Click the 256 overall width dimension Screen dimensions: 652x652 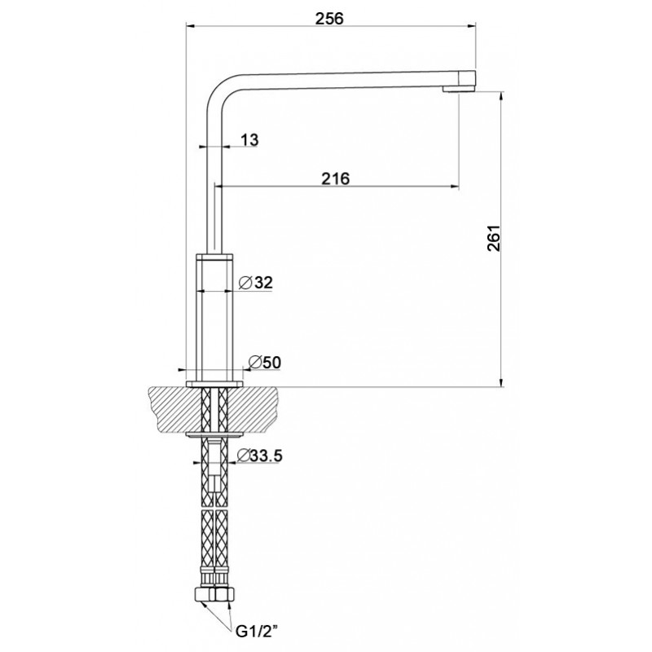point(329,19)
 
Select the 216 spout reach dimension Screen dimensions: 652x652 point(336,178)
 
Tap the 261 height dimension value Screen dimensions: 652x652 point(494,239)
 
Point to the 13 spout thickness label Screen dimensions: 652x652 point(249,139)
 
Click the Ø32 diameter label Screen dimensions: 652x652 point(256,283)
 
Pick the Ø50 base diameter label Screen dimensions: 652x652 point(264,363)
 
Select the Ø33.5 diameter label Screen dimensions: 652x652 point(259,456)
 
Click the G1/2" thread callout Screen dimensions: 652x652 point(257,632)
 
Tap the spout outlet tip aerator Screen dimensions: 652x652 point(459,89)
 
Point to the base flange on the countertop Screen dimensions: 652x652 point(214,384)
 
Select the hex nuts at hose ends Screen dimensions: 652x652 point(214,594)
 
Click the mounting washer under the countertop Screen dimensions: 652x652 point(214,435)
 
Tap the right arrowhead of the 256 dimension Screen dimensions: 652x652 point(471,26)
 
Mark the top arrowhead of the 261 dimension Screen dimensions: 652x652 point(502,96)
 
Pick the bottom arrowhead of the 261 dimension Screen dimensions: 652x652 point(502,382)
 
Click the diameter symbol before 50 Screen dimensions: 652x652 point(254,363)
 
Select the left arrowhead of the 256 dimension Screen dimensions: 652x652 point(191,26)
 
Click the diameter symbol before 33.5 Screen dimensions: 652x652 point(244,456)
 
